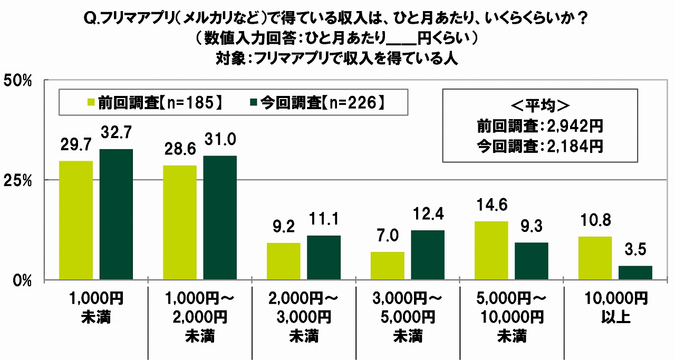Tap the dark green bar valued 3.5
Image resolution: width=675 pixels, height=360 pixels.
(x=635, y=273)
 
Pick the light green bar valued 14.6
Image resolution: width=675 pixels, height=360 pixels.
(x=491, y=250)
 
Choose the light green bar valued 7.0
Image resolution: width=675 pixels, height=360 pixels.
(x=388, y=266)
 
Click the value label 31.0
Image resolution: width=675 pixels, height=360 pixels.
(x=220, y=140)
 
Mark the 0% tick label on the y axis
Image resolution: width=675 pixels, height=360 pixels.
(x=23, y=280)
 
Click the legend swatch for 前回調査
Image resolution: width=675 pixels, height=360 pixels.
(x=91, y=103)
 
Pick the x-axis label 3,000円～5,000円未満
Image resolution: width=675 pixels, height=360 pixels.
(x=408, y=317)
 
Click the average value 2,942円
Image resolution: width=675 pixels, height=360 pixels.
(x=574, y=127)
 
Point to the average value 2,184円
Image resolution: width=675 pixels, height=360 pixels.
(x=574, y=146)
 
